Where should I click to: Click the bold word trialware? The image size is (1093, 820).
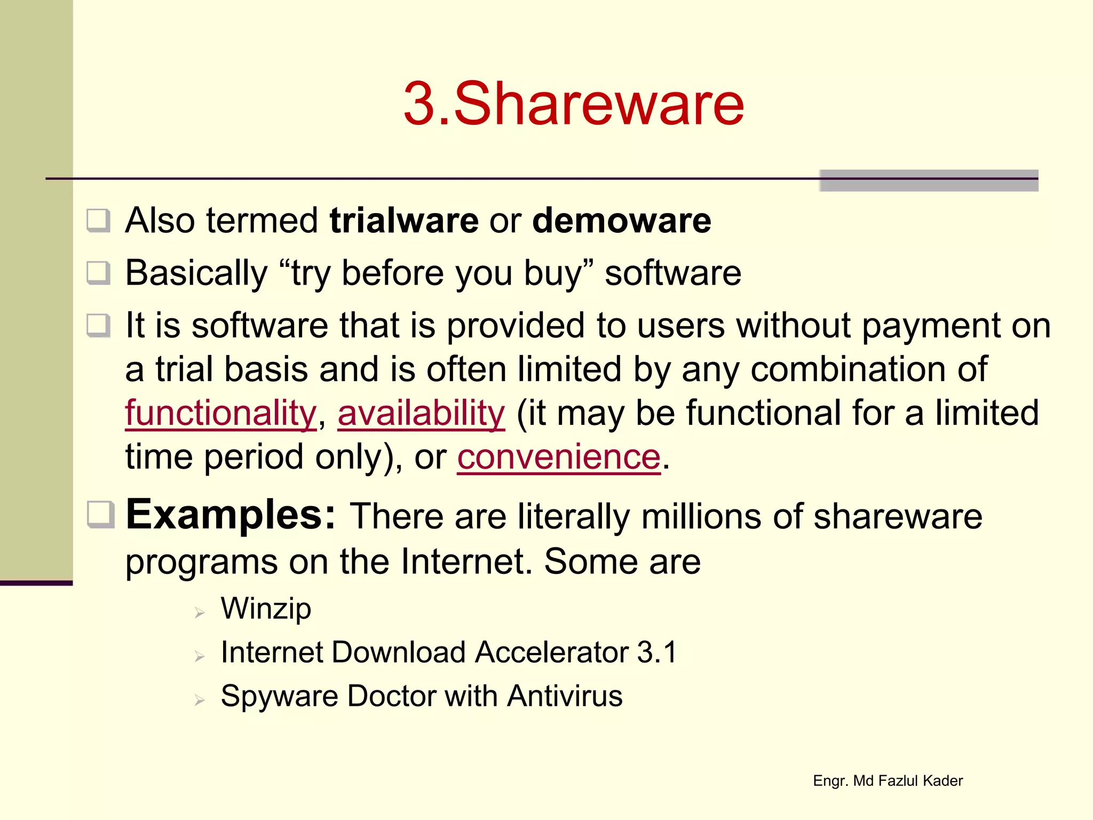point(404,220)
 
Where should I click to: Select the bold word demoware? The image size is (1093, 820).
point(622,220)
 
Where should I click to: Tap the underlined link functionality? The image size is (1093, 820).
point(221,413)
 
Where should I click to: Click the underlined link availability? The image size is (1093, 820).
point(421,413)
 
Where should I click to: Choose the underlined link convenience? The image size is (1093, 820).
point(559,457)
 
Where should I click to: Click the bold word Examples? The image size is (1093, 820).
point(231,515)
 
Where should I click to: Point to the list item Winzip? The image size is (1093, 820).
point(266,609)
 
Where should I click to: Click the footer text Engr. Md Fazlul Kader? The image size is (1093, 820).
point(888,781)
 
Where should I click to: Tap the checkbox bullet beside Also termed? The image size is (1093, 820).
point(99,221)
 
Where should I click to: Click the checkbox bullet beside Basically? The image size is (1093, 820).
point(99,273)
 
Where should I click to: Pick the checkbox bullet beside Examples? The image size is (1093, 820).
point(101,515)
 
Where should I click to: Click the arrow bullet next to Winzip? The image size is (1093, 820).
point(200,612)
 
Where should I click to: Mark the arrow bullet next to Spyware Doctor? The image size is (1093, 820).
point(200,700)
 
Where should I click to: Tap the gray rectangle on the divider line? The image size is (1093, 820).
point(929,180)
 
